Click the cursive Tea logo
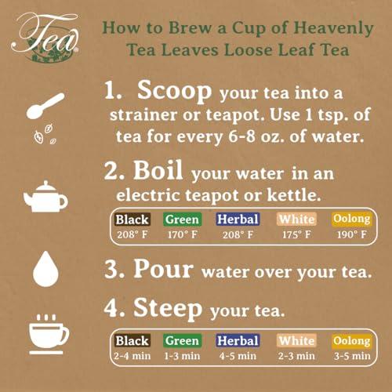pyautogui.click(x=45, y=37)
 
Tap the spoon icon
pyautogui.click(x=45, y=106)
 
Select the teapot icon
pyautogui.click(x=45, y=197)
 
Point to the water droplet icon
pyautogui.click(x=45, y=269)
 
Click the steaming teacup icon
pyautogui.click(x=49, y=334)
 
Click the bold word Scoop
pyautogui.click(x=174, y=91)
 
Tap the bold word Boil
pyautogui.click(x=158, y=170)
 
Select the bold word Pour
pyautogui.click(x=164, y=269)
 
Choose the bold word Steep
pyautogui.click(x=168, y=309)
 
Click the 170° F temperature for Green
pyautogui.click(x=182, y=234)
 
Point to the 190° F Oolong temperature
pyautogui.click(x=352, y=234)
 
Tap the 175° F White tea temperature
pyautogui.click(x=296, y=234)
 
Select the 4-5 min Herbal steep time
pyautogui.click(x=238, y=356)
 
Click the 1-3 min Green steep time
pyautogui.click(x=182, y=356)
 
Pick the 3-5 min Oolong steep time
pyautogui.click(x=352, y=356)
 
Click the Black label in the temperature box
pyautogui.click(x=132, y=220)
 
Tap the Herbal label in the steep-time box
pyautogui.click(x=238, y=340)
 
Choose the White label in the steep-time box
pyautogui.click(x=296, y=340)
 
